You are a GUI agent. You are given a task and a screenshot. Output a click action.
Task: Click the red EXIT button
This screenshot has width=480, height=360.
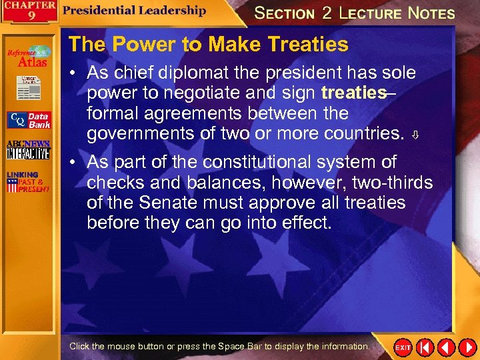pos(403,347)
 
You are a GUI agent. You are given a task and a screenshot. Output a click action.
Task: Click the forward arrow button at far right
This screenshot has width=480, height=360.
pos(467,347)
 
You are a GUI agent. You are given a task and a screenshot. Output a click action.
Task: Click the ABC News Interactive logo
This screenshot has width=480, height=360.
pos(28,150)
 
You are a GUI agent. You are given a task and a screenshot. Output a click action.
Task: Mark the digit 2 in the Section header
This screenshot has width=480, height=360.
pos(326,13)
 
